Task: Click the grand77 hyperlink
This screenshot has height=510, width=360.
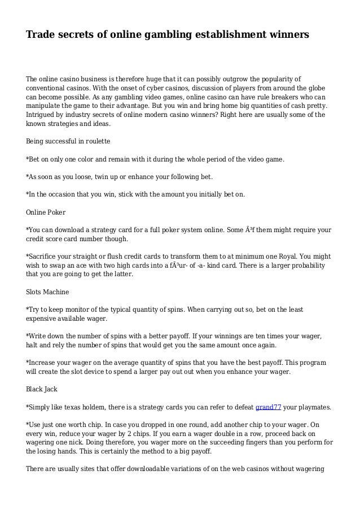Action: pyautogui.click(x=268, y=406)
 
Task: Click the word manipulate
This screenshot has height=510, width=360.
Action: pyautogui.click(x=46, y=106)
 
